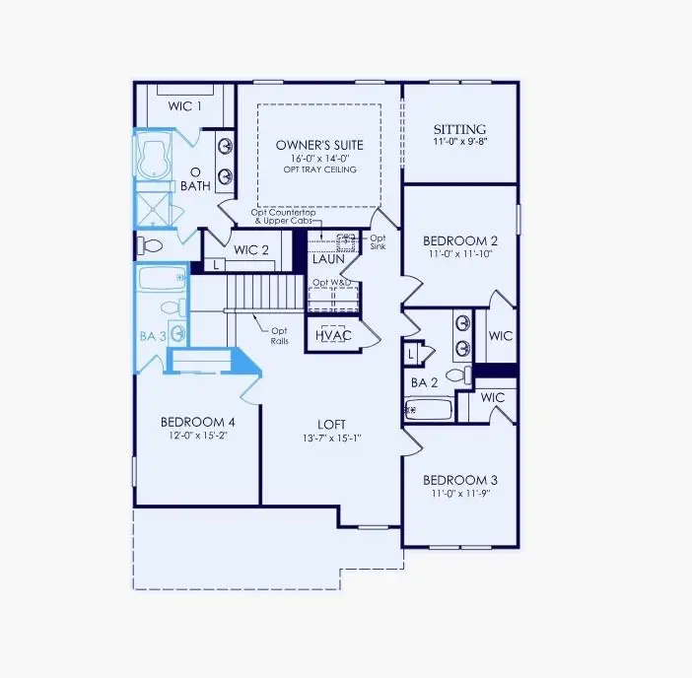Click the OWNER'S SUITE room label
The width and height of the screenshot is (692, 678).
[315, 145]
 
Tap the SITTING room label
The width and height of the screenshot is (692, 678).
[460, 129]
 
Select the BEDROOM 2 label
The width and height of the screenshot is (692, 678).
[460, 240]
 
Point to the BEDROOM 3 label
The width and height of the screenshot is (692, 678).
[460, 480]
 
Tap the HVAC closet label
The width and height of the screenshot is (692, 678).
[333, 336]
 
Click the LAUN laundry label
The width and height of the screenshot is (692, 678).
[328, 259]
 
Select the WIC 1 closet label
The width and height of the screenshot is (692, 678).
[183, 105]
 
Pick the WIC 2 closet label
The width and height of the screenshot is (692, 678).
[251, 249]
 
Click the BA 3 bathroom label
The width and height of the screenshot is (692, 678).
[153, 335]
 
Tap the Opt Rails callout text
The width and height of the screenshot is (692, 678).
[279, 335]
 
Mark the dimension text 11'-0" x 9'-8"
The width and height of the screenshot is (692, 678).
[460, 143]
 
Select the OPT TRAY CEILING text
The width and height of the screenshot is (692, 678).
[315, 169]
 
